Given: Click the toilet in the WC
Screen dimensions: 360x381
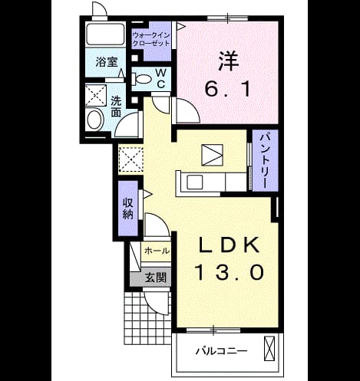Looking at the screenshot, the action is click(x=140, y=79).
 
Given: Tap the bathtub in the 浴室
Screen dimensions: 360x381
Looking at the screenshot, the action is click(x=105, y=34).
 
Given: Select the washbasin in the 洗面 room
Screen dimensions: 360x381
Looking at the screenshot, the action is click(x=95, y=120).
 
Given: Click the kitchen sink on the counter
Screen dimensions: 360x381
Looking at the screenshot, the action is click(x=195, y=182).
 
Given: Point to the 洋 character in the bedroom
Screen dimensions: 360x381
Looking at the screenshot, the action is click(x=228, y=61).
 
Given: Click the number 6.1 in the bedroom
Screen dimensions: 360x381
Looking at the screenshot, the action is click(x=227, y=90).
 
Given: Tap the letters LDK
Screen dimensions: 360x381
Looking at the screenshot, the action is click(x=228, y=245).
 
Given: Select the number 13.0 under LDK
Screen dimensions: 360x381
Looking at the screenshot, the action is click(x=230, y=272).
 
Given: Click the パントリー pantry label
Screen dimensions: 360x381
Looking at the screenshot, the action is click(x=265, y=160).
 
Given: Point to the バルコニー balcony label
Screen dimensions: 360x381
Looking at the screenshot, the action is click(x=221, y=351).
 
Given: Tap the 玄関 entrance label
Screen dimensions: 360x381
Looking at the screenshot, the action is click(x=156, y=278).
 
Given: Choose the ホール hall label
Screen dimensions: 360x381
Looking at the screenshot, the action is click(x=157, y=251).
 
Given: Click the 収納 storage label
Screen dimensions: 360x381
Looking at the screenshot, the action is click(x=128, y=209).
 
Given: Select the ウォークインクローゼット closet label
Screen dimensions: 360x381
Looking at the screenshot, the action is click(x=151, y=39).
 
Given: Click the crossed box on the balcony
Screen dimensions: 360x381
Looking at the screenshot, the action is click(x=269, y=348).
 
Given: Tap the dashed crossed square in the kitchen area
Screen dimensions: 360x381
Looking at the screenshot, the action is click(x=131, y=159).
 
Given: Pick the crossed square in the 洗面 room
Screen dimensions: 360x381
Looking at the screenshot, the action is click(x=95, y=95).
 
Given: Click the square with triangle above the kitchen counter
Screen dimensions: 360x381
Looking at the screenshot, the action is click(x=212, y=155).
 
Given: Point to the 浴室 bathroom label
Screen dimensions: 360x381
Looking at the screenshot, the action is click(x=107, y=62).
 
